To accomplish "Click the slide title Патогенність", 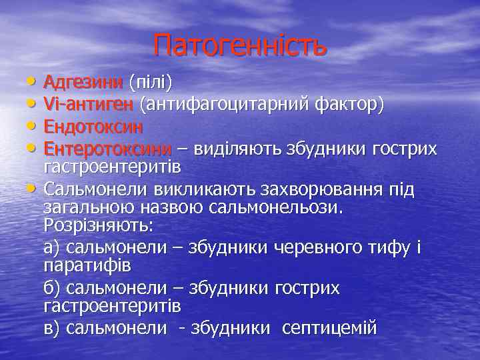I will (240, 45).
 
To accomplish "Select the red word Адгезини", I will (83, 82).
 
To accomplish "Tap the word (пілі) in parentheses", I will (151, 82).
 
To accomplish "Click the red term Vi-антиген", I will (89, 104).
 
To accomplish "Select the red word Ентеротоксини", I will (107, 147).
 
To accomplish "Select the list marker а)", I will (52, 247).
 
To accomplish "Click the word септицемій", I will (329, 328).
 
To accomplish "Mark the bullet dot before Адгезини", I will (33, 81).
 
